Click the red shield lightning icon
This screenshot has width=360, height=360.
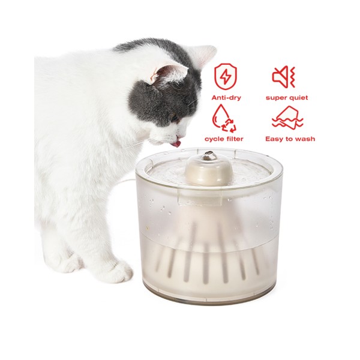226,76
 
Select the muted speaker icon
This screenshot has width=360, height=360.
284,77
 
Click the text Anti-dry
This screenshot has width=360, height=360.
226,97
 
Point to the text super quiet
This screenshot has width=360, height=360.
286,97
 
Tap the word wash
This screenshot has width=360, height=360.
304,139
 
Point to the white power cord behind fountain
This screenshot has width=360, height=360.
129,180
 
